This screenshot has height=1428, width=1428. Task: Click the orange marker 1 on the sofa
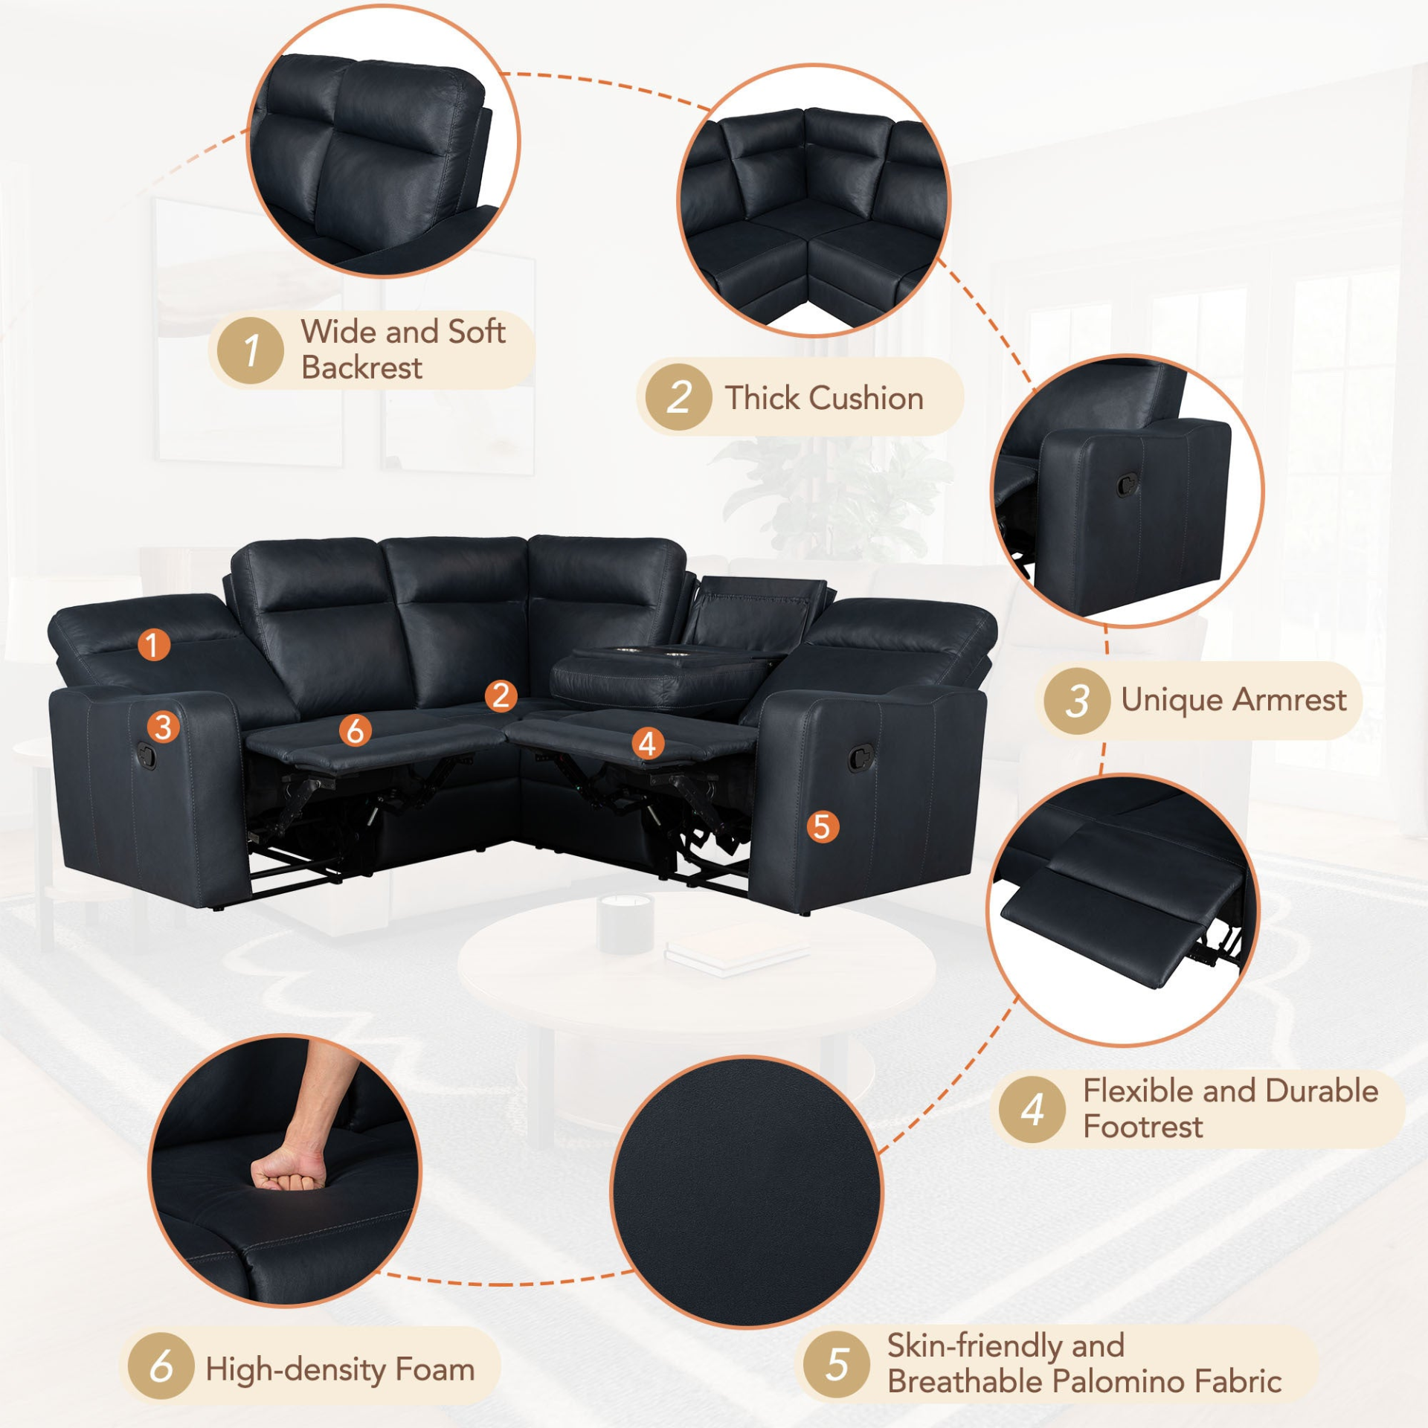(x=153, y=645)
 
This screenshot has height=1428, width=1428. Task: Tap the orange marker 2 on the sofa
(x=501, y=695)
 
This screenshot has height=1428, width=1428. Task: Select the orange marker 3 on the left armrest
(x=164, y=727)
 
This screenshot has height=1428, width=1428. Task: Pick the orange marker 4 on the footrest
(x=648, y=743)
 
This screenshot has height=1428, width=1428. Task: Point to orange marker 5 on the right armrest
(x=822, y=826)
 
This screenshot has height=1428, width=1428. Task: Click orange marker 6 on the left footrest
(x=356, y=730)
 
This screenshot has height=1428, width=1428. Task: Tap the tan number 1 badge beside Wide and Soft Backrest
(x=251, y=350)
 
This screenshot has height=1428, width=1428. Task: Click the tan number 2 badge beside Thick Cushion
(x=679, y=397)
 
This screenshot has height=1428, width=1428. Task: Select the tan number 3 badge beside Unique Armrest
(x=1077, y=701)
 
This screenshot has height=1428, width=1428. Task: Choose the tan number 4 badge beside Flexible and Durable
(x=1032, y=1110)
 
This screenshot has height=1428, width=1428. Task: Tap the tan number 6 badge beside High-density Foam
(x=161, y=1366)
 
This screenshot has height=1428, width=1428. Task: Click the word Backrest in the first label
(x=361, y=367)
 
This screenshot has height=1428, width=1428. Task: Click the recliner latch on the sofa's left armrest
(x=147, y=756)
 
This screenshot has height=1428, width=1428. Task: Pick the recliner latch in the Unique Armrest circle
(x=1128, y=485)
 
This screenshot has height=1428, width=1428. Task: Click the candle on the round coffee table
(x=625, y=922)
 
